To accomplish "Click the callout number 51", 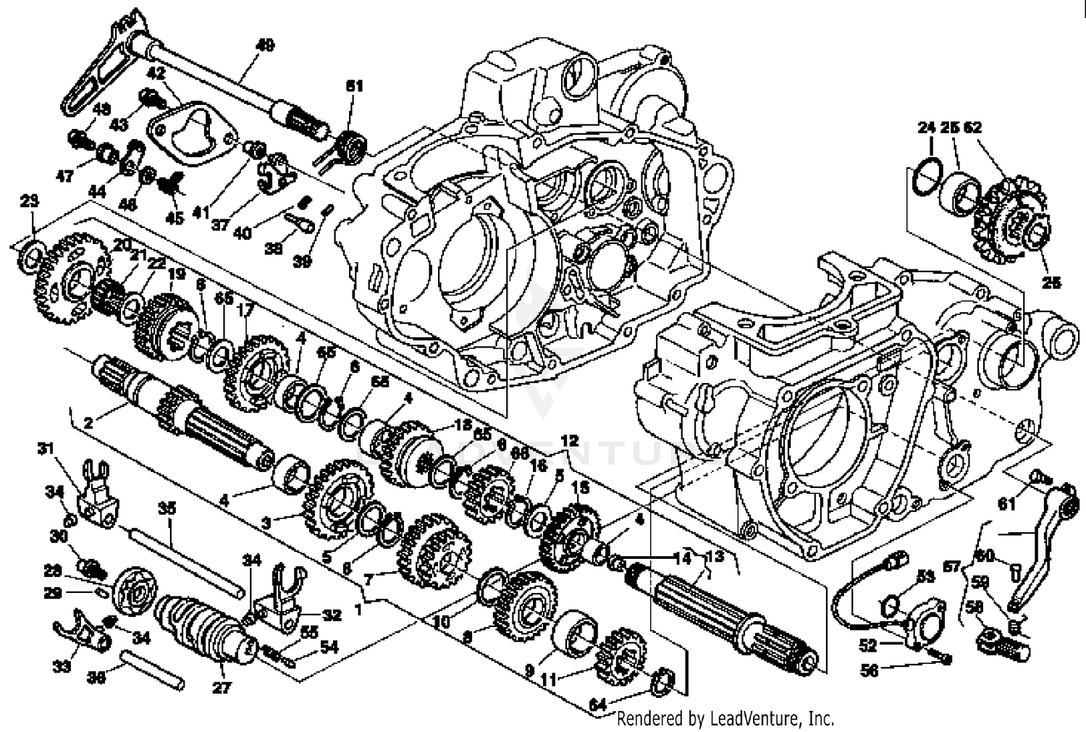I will pos(354,86).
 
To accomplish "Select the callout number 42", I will pos(157,73).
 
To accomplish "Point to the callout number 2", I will pos(88,423).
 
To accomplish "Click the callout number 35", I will pos(167,510).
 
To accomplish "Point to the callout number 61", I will pos(1007,505).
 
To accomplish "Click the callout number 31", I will pos(46,449).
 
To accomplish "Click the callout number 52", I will pos(868,645).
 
